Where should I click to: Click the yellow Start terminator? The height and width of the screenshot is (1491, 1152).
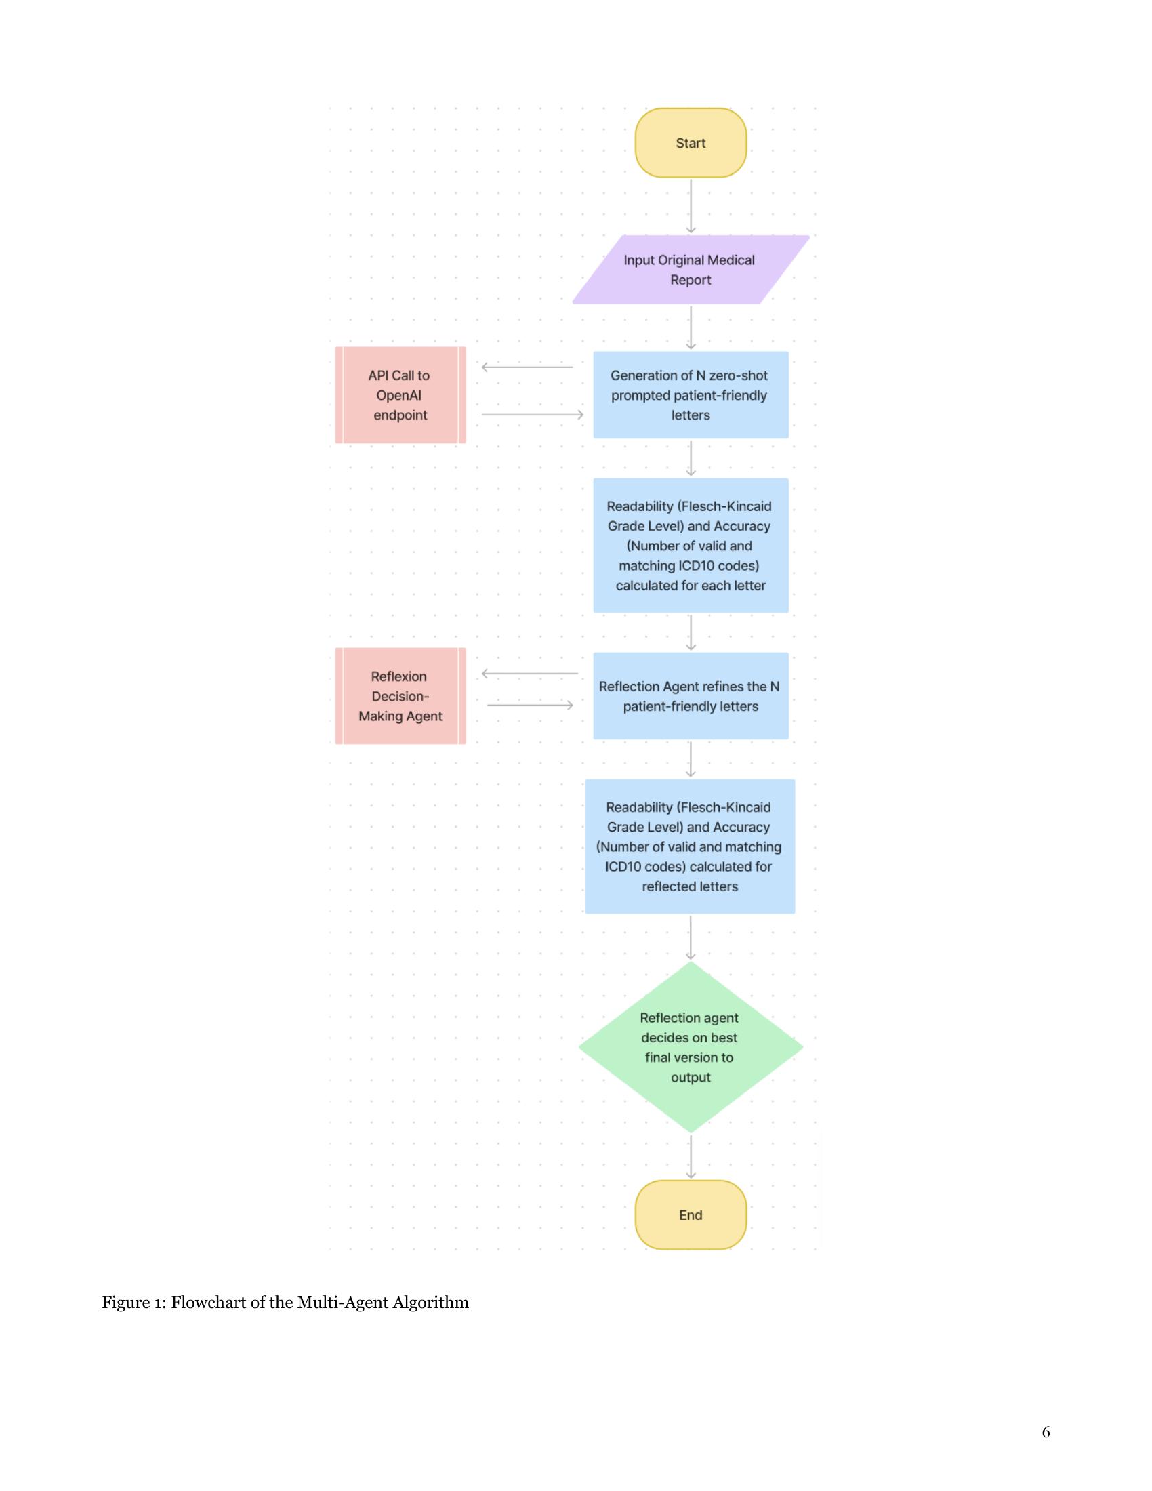click(690, 143)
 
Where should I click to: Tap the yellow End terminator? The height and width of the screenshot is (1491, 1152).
click(690, 1214)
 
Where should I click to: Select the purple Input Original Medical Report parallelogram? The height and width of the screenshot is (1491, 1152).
click(690, 270)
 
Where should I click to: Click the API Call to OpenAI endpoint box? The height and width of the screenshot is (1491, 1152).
click(400, 395)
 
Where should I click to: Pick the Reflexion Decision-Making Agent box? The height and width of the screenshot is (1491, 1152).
click(400, 695)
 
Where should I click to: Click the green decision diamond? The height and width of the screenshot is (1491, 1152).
click(690, 1046)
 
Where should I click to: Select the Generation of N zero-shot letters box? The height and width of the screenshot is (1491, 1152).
click(690, 395)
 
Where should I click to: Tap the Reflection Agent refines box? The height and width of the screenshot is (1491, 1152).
click(690, 695)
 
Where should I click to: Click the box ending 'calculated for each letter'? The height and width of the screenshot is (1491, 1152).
click(690, 546)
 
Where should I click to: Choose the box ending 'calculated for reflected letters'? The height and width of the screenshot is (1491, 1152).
click(690, 846)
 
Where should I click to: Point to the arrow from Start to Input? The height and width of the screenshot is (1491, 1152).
click(691, 205)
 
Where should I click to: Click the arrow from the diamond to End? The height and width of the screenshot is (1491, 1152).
click(691, 1156)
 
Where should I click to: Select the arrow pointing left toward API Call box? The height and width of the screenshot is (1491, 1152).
click(527, 367)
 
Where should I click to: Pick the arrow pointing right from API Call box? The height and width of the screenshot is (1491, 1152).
click(533, 414)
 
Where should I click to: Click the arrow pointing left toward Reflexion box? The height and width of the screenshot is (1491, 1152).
click(530, 674)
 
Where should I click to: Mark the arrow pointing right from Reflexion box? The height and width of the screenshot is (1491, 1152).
click(530, 705)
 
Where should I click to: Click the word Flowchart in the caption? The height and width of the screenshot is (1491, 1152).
click(208, 1302)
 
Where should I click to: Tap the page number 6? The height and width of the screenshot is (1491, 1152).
click(1046, 1431)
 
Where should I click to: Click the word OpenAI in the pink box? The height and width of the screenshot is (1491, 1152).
click(398, 395)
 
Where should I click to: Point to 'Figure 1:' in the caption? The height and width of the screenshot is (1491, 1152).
click(133, 1302)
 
